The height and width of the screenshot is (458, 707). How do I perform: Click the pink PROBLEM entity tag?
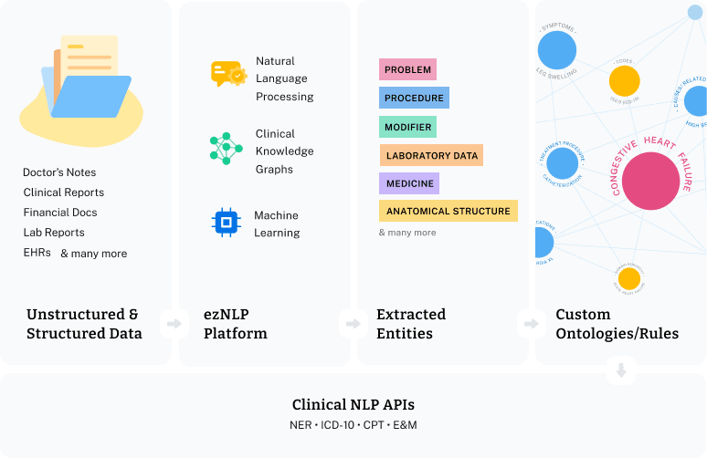(x=407, y=69)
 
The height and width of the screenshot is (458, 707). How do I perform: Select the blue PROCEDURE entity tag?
(x=414, y=98)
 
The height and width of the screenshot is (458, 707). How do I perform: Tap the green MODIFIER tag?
(x=407, y=127)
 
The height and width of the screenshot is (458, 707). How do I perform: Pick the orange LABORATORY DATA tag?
(x=431, y=155)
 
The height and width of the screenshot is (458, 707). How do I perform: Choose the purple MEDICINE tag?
(x=409, y=183)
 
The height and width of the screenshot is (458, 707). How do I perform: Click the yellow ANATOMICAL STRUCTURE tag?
(x=448, y=211)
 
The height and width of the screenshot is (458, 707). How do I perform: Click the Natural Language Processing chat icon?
(x=227, y=74)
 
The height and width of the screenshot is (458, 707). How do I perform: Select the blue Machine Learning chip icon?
(x=225, y=221)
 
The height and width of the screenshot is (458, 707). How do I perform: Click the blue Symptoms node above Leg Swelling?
(x=556, y=48)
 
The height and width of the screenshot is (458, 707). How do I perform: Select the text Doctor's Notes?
(x=59, y=172)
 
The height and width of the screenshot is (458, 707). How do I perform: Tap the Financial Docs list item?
(x=60, y=213)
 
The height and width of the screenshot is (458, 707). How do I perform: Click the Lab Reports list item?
(x=54, y=233)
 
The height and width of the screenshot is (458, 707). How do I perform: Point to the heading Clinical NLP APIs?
(x=353, y=404)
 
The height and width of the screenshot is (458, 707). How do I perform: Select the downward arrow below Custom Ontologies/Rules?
(x=621, y=370)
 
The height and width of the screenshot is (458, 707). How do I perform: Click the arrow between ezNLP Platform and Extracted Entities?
(x=350, y=323)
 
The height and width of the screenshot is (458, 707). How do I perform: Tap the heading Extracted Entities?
(x=411, y=323)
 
